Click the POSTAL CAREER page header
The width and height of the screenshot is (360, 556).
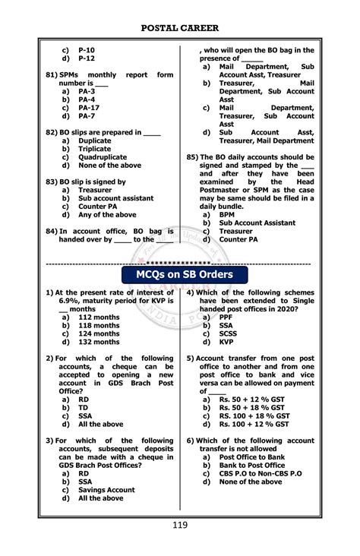pyautogui.click(x=180, y=29)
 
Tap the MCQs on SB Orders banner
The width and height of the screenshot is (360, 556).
pyautogui.click(x=180, y=273)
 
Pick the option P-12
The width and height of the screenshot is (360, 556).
pyautogui.click(x=87, y=58)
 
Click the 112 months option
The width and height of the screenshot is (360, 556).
pyautogui.click(x=99, y=317)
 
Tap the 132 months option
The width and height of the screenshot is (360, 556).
pyautogui.click(x=99, y=342)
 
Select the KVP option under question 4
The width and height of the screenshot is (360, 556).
pyautogui.click(x=227, y=342)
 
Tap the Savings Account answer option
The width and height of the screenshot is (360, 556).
pyautogui.click(x=106, y=490)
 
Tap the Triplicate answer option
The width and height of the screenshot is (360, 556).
pyautogui.click(x=95, y=149)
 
